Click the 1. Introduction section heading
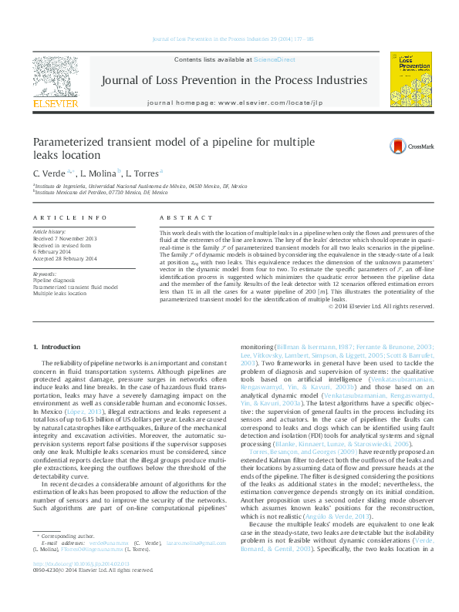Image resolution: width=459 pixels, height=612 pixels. [x=62, y=348]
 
